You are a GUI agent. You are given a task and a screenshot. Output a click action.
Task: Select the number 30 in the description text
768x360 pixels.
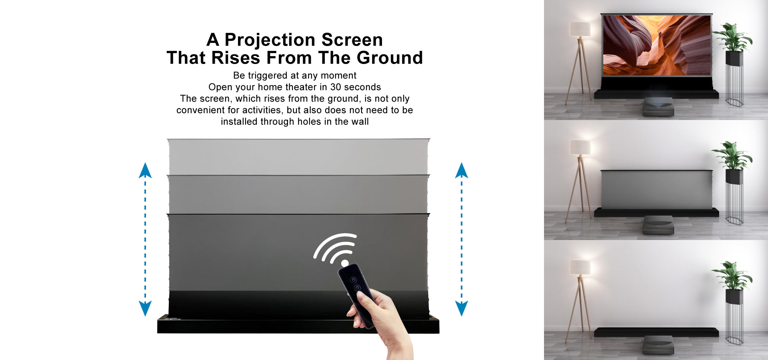[x=336, y=87]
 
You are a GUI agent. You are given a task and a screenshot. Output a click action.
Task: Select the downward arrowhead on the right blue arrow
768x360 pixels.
[x=462, y=308]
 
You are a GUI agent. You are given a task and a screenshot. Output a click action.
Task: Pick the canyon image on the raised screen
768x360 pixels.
[x=656, y=45]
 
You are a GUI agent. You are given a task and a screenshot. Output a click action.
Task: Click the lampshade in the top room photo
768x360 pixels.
[x=580, y=29]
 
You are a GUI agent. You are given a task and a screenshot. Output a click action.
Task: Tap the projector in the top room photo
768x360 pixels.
[x=658, y=107]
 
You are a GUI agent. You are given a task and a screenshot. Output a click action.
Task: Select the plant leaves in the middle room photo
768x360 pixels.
[x=732, y=155]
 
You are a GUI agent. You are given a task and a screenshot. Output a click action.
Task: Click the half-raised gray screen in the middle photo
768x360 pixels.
[x=656, y=190]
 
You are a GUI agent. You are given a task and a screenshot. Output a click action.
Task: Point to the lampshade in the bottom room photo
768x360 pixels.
[x=580, y=267]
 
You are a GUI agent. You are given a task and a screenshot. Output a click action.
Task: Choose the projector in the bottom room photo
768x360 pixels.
[x=658, y=345]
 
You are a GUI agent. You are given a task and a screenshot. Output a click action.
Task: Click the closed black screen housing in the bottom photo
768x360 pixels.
[x=656, y=332]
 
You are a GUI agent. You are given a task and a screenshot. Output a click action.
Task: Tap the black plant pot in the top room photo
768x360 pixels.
[x=734, y=58]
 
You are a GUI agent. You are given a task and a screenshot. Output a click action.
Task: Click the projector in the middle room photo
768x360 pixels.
[x=658, y=225]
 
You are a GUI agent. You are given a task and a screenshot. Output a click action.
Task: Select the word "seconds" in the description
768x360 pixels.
[x=362, y=87]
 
